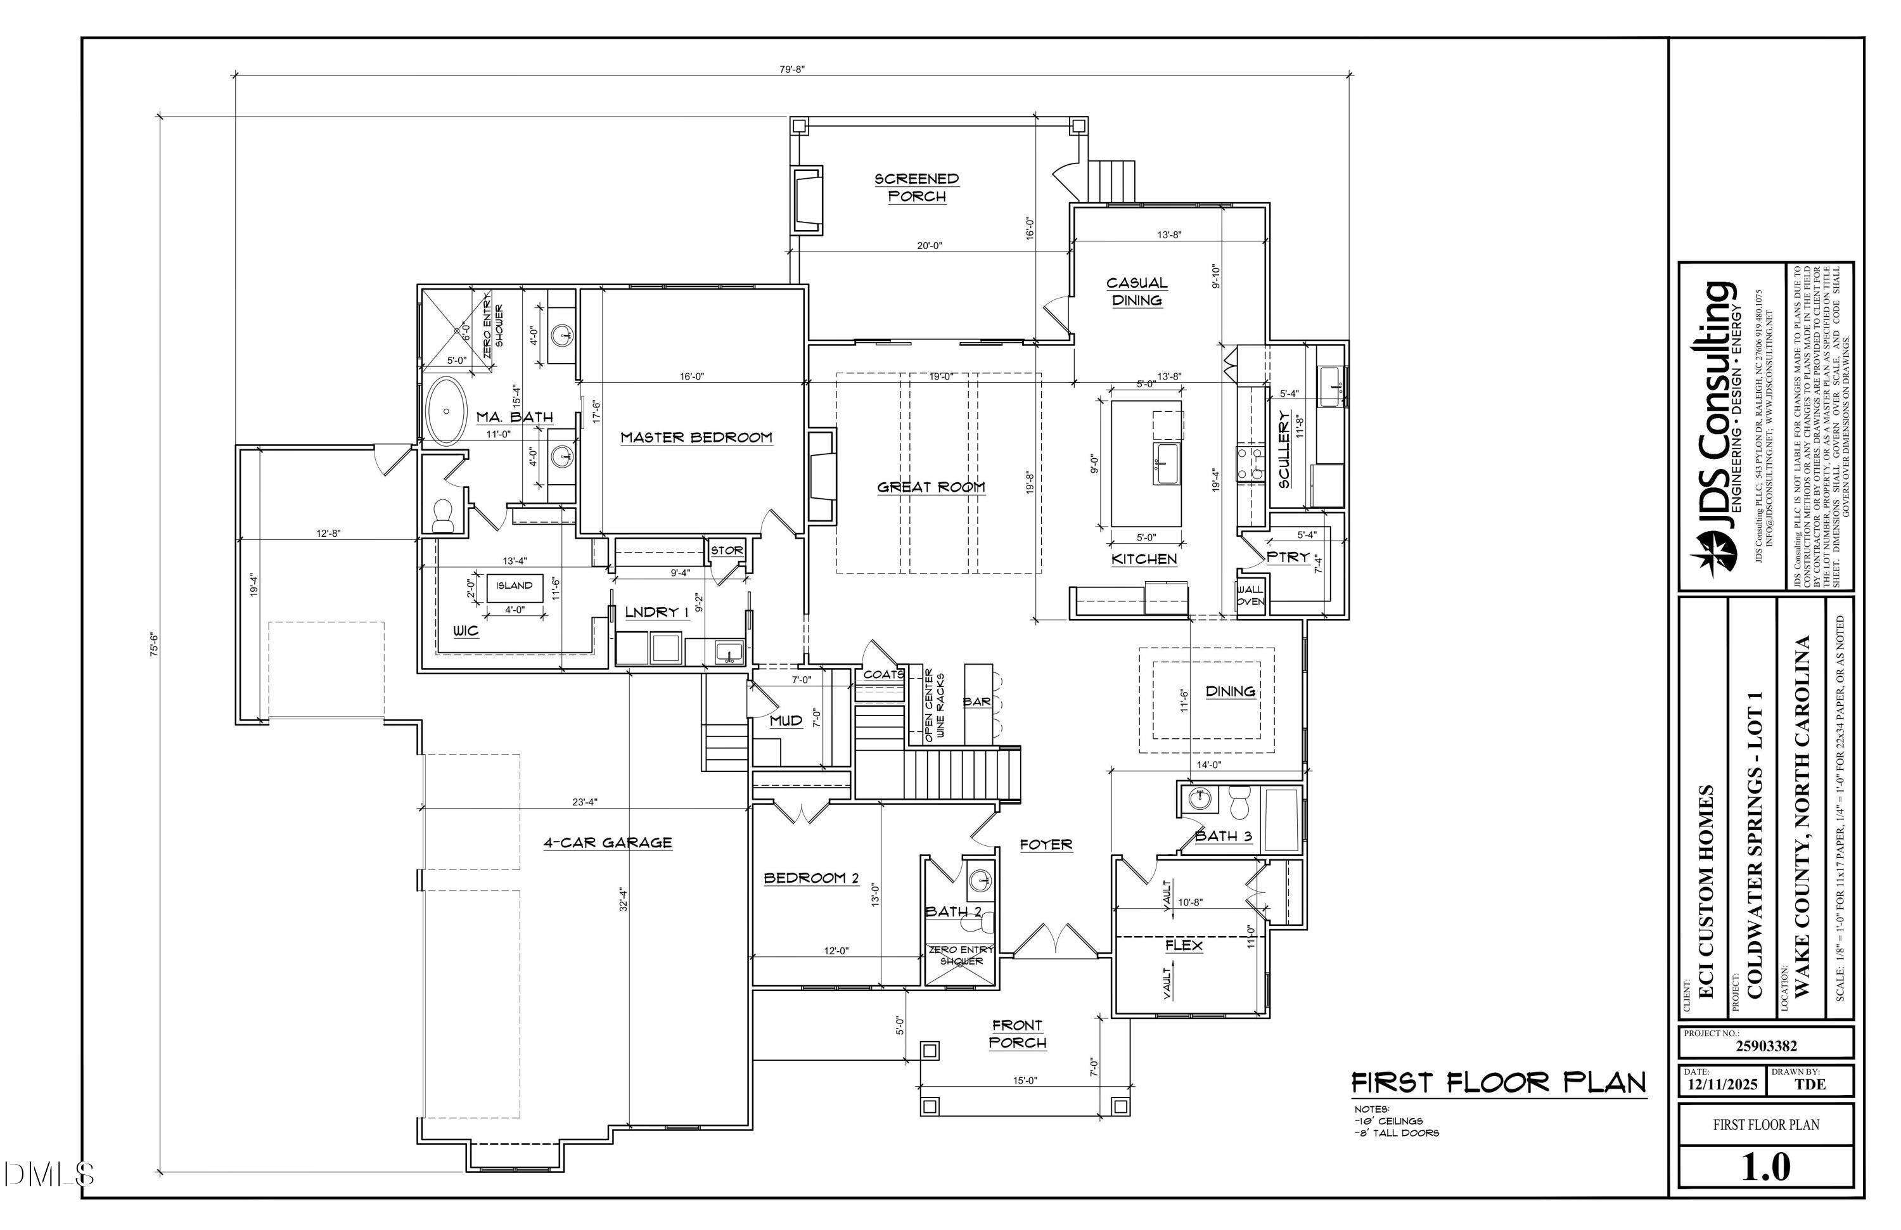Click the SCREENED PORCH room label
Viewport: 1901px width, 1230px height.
coord(916,188)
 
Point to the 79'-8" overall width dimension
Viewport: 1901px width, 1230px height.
coord(791,70)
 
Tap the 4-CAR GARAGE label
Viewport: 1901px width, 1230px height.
coord(608,843)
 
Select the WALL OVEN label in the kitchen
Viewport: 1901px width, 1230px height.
coord(1250,596)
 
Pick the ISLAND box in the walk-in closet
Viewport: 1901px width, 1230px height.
coord(514,586)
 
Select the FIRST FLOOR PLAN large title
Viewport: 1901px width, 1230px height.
coord(1499,1083)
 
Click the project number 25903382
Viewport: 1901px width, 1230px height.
coord(1766,1046)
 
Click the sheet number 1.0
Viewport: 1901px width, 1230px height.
coord(1766,1167)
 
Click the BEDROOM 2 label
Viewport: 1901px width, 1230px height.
coord(810,878)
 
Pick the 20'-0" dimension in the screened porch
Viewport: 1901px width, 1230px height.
coord(929,246)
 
